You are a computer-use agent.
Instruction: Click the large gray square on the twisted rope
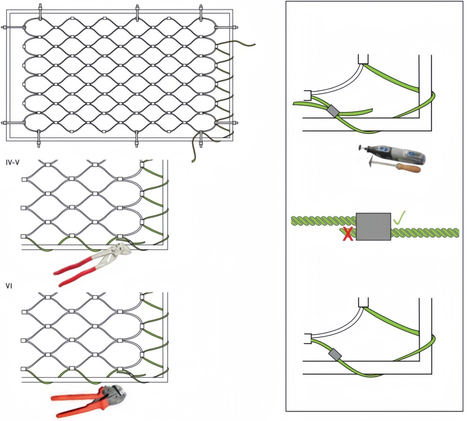pos(373,227)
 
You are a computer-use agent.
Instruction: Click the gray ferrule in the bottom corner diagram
pos(335,354)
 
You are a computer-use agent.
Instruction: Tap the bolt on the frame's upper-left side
pos(13,28)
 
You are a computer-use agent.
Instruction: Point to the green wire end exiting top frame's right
pos(249,45)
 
